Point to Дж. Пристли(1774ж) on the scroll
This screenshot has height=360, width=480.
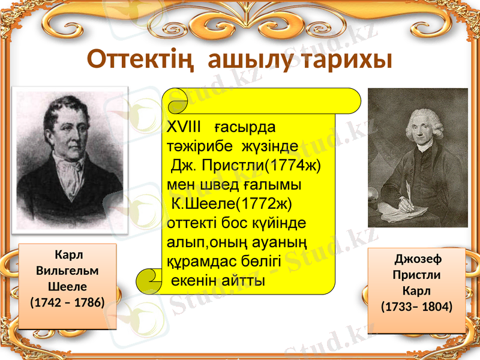pos(246,165)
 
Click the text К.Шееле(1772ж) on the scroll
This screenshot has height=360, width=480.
pos(232,203)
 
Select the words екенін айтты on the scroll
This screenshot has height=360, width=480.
pos(218,281)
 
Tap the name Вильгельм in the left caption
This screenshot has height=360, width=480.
pos(67,270)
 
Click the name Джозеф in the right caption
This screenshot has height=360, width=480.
pos(417,260)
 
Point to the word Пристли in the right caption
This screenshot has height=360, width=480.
pos(416,275)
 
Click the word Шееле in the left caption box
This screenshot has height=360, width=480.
pos(67,285)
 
